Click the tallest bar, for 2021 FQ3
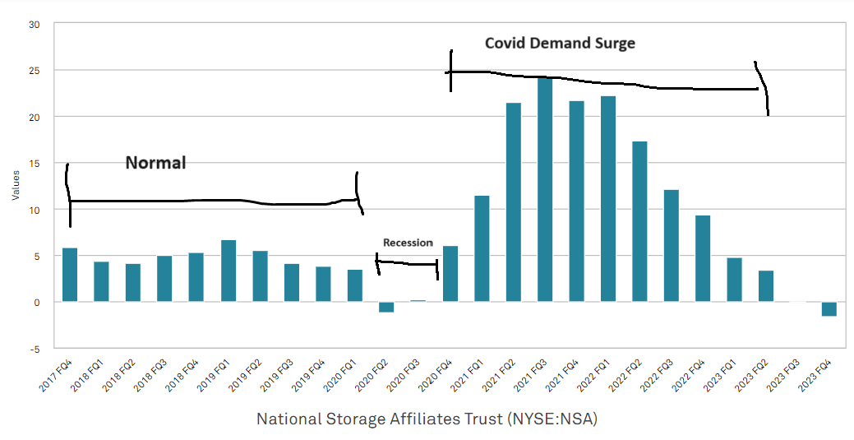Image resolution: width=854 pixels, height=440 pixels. [x=545, y=190]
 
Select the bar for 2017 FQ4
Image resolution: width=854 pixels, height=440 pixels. [x=70, y=275]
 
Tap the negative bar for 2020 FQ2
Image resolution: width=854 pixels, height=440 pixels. [x=386, y=307]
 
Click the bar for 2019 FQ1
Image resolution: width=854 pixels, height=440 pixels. [x=229, y=271]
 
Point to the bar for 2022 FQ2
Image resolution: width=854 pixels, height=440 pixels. [x=639, y=221]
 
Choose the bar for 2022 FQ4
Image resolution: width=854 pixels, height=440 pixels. [x=703, y=258]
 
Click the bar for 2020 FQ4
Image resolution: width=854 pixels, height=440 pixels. [x=450, y=274]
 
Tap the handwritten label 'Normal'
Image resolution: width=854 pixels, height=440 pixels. [x=155, y=163]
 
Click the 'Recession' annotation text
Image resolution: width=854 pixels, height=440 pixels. [x=408, y=243]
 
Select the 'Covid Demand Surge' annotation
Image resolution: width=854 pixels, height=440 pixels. [x=560, y=43]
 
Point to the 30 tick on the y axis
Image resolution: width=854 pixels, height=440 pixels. [x=35, y=25]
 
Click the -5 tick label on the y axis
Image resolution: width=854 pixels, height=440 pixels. [x=35, y=349]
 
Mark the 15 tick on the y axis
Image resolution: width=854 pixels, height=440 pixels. [x=35, y=164]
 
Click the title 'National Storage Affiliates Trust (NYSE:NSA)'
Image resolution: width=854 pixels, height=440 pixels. [x=427, y=419]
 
